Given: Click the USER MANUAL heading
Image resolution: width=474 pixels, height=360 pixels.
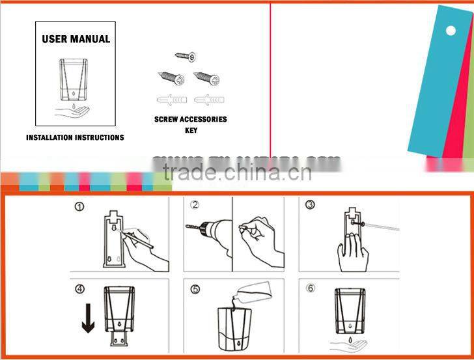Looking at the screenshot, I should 76,39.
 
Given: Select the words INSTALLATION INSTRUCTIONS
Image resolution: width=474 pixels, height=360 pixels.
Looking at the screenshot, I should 75,138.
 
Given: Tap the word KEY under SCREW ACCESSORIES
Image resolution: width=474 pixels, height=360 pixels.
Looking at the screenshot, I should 191,130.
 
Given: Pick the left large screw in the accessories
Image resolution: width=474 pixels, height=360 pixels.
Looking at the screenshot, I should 171,79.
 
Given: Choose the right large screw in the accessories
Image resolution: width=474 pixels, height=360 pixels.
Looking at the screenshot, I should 206,79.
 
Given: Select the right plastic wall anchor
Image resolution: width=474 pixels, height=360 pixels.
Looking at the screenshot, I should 206,100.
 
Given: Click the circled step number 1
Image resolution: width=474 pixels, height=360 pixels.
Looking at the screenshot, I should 79,208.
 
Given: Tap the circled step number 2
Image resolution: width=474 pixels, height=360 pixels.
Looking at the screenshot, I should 194,205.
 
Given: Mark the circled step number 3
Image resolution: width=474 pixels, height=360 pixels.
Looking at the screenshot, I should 310,205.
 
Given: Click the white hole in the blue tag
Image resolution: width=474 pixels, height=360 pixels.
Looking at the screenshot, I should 451,30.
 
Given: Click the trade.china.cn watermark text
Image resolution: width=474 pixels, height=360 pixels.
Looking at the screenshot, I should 237,173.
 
